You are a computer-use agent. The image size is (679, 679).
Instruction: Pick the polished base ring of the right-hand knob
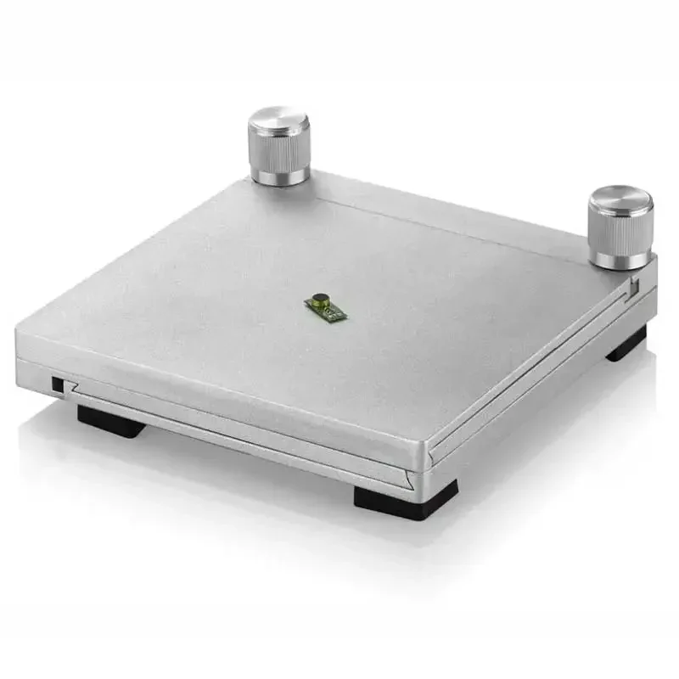[x=620, y=258]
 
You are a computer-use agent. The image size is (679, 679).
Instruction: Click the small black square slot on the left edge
[x=57, y=384]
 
